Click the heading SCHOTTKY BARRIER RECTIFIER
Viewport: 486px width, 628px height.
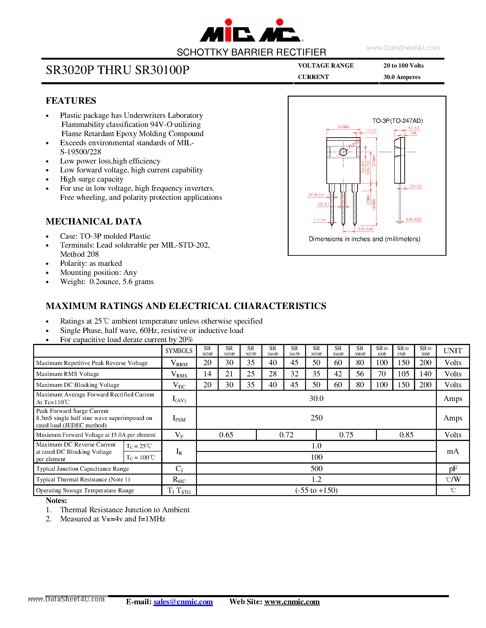251,52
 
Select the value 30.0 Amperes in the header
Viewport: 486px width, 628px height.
402,77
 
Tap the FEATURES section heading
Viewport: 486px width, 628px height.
71,101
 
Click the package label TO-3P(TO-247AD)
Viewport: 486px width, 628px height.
397,121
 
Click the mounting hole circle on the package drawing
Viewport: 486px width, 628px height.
343,152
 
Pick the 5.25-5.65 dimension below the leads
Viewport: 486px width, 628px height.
365,229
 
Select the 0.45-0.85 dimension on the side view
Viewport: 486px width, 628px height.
414,219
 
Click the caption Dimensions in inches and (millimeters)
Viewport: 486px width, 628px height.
364,239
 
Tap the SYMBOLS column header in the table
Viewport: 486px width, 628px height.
179,351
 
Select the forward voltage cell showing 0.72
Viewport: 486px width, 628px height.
286,435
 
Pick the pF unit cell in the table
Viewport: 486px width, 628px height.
453,469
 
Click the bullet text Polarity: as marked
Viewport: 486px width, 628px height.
91,263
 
